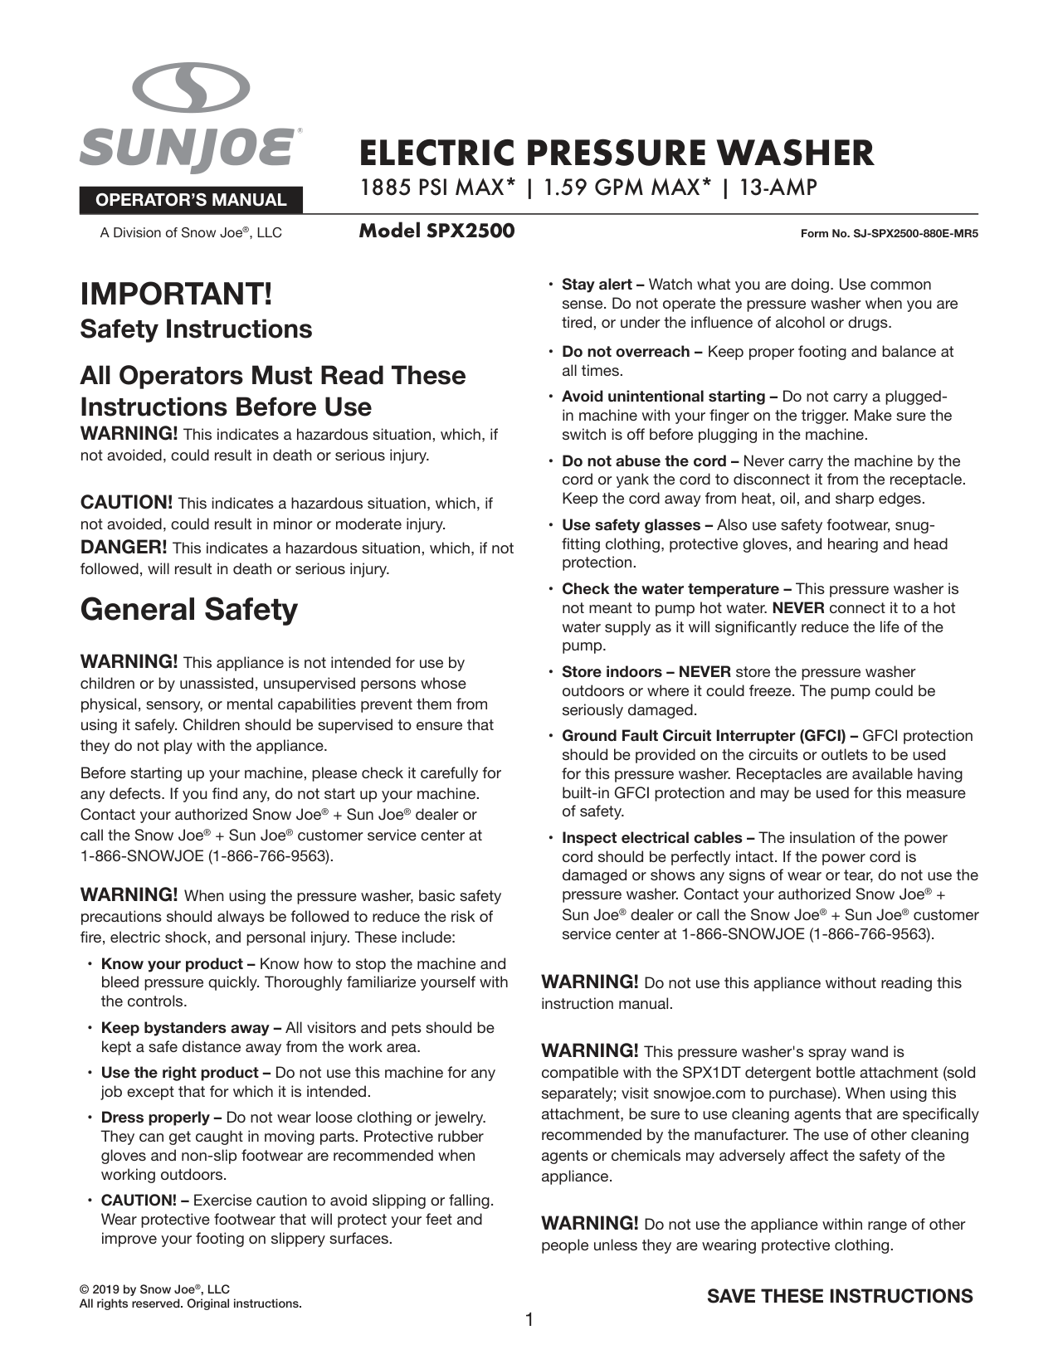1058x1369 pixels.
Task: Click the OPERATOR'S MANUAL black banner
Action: tap(191, 200)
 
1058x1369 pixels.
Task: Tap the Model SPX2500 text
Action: tap(436, 231)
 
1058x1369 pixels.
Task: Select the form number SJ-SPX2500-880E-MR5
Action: tap(889, 234)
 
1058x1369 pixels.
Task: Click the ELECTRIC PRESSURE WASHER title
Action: tap(617, 153)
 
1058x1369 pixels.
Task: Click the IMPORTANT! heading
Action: tap(176, 295)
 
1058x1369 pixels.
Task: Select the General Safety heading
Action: tap(188, 610)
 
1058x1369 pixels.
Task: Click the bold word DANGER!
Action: tap(124, 548)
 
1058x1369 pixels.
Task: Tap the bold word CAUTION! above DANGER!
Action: tap(126, 503)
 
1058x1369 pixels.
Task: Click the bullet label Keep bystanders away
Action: tap(184, 1028)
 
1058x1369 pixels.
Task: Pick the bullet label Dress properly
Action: tap(155, 1118)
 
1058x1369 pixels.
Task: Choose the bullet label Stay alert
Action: tap(597, 285)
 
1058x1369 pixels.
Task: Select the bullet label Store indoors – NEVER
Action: tap(646, 672)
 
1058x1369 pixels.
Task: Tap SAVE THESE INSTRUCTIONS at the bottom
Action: tap(839, 1297)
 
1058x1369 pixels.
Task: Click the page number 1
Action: tap(529, 1319)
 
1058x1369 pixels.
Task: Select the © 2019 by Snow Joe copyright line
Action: tap(154, 1289)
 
